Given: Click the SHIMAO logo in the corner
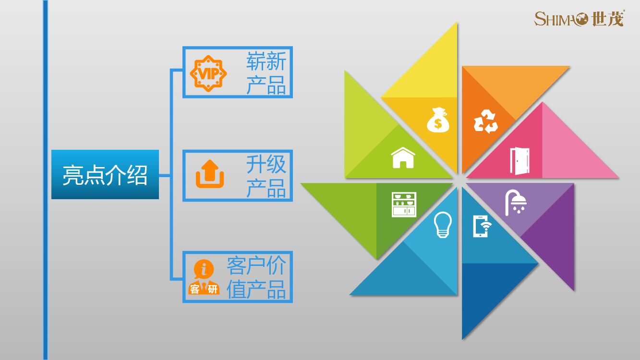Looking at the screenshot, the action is click(x=579, y=19).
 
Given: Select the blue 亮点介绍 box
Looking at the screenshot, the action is click(x=105, y=174).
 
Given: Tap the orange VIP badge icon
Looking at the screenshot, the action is click(x=208, y=73).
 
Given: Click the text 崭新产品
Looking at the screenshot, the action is click(x=266, y=73).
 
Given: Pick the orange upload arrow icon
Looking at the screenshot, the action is click(x=210, y=174).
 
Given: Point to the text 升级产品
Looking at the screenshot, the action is click(x=266, y=176).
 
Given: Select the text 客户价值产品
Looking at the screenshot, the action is click(x=256, y=277).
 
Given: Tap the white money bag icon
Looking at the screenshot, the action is click(x=438, y=120).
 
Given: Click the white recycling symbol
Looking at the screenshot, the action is click(x=485, y=121).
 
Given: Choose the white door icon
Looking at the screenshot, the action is click(x=519, y=161).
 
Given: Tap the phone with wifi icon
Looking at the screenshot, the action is click(x=482, y=226).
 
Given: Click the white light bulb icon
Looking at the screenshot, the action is click(x=443, y=225).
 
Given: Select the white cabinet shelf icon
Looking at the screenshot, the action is click(x=404, y=204).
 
